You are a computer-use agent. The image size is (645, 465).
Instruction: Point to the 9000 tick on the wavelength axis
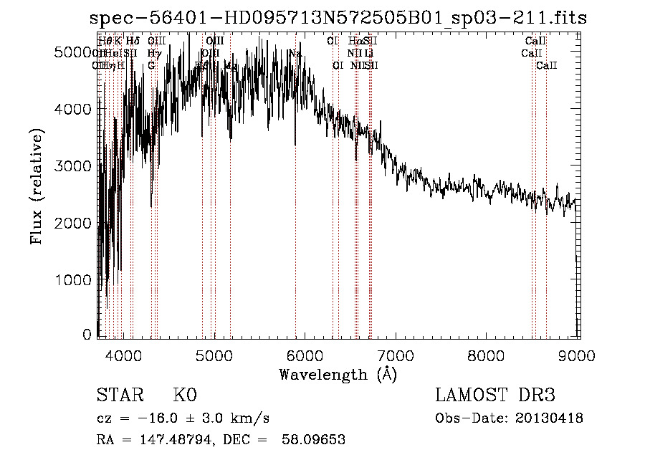(578, 355)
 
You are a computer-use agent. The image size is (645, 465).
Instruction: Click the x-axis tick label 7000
(396, 355)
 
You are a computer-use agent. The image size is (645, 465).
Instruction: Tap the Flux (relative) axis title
(37, 186)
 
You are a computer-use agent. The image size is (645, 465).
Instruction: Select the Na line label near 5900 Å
(295, 54)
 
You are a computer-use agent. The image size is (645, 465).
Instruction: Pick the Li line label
(368, 54)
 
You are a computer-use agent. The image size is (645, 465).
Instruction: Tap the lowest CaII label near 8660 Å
(547, 65)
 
